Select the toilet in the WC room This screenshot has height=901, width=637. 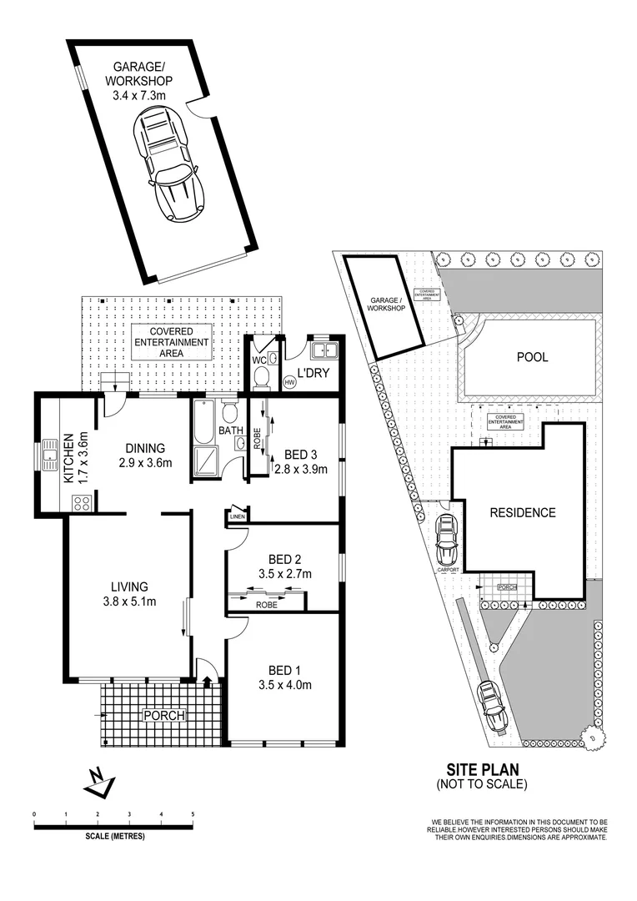260,378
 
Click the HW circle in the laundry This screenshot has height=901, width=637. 290,382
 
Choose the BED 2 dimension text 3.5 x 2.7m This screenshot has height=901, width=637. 285,573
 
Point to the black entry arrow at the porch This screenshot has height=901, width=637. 207,682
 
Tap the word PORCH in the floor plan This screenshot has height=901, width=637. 163,715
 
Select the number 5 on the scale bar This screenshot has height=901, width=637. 193,813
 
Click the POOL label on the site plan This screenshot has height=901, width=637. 533,357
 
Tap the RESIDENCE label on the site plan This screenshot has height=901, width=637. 522,512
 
